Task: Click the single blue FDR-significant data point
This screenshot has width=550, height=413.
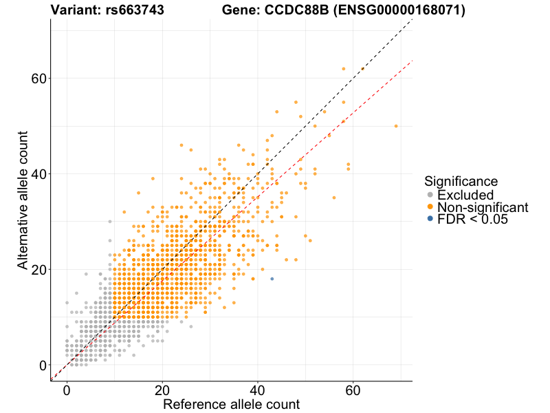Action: click(272, 278)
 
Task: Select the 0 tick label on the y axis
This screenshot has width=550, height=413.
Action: click(43, 365)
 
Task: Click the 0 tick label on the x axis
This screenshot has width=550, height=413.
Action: click(67, 389)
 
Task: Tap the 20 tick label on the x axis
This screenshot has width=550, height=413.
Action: click(162, 389)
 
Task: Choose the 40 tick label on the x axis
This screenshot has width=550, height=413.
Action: click(258, 389)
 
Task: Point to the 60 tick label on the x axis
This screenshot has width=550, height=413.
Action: click(353, 389)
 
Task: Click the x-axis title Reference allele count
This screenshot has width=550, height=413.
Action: click(231, 404)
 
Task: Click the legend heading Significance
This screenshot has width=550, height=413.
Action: click(461, 182)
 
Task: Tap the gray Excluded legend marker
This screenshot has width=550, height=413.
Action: click(430, 195)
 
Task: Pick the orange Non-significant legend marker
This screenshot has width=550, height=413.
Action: click(430, 207)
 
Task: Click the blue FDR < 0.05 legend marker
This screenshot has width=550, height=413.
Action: click(430, 219)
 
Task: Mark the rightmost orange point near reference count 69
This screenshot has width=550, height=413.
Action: click(396, 126)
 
